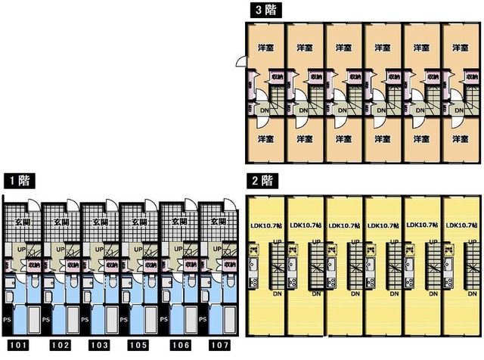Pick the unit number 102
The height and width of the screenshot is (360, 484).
[x=57, y=346]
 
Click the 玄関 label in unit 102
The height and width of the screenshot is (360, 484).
[x=60, y=222]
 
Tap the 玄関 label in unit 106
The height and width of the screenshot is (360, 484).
[x=178, y=222]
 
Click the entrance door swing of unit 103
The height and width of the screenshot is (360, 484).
[x=112, y=209]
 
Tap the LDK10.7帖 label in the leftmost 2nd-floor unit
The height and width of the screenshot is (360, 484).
[x=266, y=225]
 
